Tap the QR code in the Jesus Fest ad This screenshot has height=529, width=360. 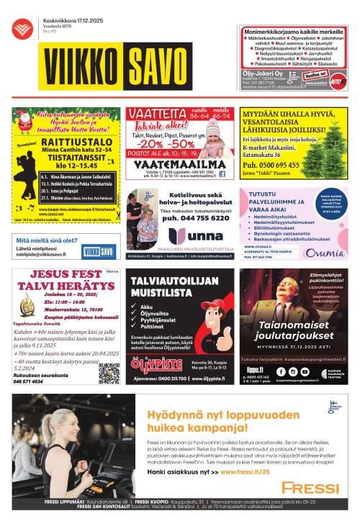point(109,373)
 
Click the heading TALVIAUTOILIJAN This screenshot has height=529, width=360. point(177,276)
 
